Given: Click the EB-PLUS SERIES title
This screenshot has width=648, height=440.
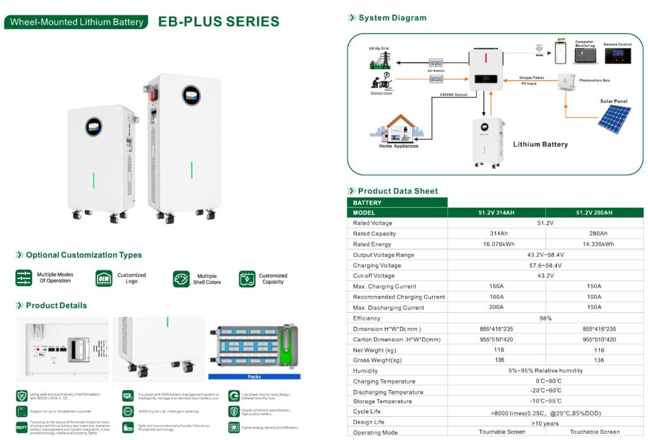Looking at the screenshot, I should [x=218, y=22].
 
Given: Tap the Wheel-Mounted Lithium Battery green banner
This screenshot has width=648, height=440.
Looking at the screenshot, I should [x=77, y=22].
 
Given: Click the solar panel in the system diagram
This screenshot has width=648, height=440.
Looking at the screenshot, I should [x=614, y=119].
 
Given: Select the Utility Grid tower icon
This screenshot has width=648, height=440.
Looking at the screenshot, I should [x=381, y=60].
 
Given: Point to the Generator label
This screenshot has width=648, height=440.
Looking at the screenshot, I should [x=381, y=94].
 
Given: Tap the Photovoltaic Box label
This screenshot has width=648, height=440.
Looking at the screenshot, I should [x=595, y=80].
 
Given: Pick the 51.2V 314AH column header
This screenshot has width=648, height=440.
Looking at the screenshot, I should [x=496, y=213].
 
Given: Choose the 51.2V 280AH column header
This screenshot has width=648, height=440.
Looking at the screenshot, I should [x=594, y=213].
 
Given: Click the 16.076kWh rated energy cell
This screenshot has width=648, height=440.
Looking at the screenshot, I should [x=496, y=244].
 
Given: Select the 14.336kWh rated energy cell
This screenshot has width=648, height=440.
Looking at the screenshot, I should [x=594, y=244].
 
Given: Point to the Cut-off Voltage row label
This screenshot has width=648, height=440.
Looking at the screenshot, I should [x=373, y=276].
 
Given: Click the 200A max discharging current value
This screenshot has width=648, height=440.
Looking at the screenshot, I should [x=496, y=308].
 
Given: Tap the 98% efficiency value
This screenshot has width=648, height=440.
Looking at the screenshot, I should [x=545, y=318].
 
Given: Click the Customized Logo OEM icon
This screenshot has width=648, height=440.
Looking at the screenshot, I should [x=104, y=279].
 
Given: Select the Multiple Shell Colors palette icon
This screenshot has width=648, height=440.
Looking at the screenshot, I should [x=181, y=279].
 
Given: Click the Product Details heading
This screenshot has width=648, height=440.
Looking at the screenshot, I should [x=56, y=306].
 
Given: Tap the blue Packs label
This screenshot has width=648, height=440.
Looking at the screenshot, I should [x=252, y=376].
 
